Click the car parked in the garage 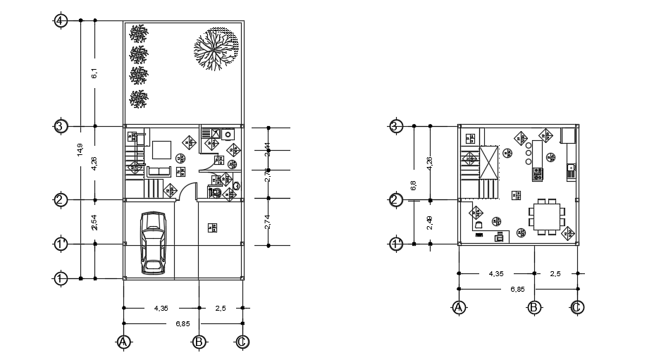coord(153,242)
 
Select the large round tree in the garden coord(215,50)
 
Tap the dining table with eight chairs coord(547,216)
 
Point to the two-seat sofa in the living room coord(159,171)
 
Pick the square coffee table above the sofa coord(161,149)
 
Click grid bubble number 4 coord(61,20)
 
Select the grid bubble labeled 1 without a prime coord(61,278)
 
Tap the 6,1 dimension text coord(94,73)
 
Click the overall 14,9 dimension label coord(80,149)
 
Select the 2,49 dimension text coord(429,223)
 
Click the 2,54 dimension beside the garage coord(94,223)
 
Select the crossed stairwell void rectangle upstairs coord(488,161)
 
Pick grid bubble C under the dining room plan coord(577,307)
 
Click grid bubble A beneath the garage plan coord(124,342)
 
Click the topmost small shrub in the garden coord(139,32)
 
